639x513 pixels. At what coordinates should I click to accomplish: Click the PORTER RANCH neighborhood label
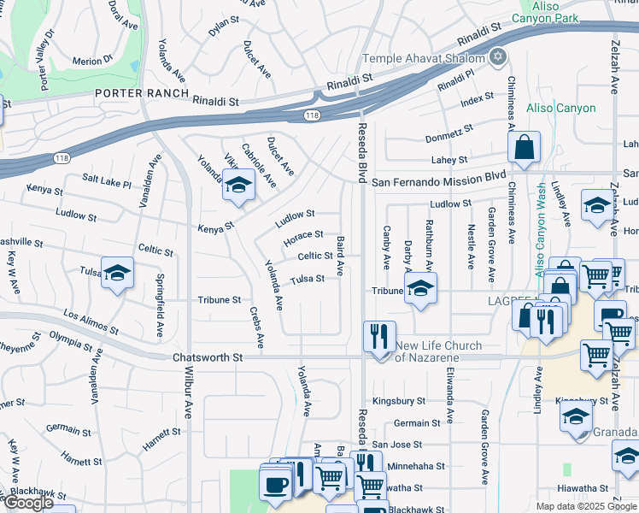[136, 93]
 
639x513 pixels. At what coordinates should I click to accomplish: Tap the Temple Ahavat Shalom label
[424, 58]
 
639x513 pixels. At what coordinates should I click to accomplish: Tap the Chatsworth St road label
[208, 358]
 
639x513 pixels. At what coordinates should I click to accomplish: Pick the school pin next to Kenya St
[238, 185]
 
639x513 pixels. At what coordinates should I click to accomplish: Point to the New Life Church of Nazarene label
[438, 351]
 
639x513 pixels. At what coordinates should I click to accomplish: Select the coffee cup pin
[275, 485]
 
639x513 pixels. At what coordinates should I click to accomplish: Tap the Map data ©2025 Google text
[585, 506]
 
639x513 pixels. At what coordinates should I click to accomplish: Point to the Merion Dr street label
[92, 61]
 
